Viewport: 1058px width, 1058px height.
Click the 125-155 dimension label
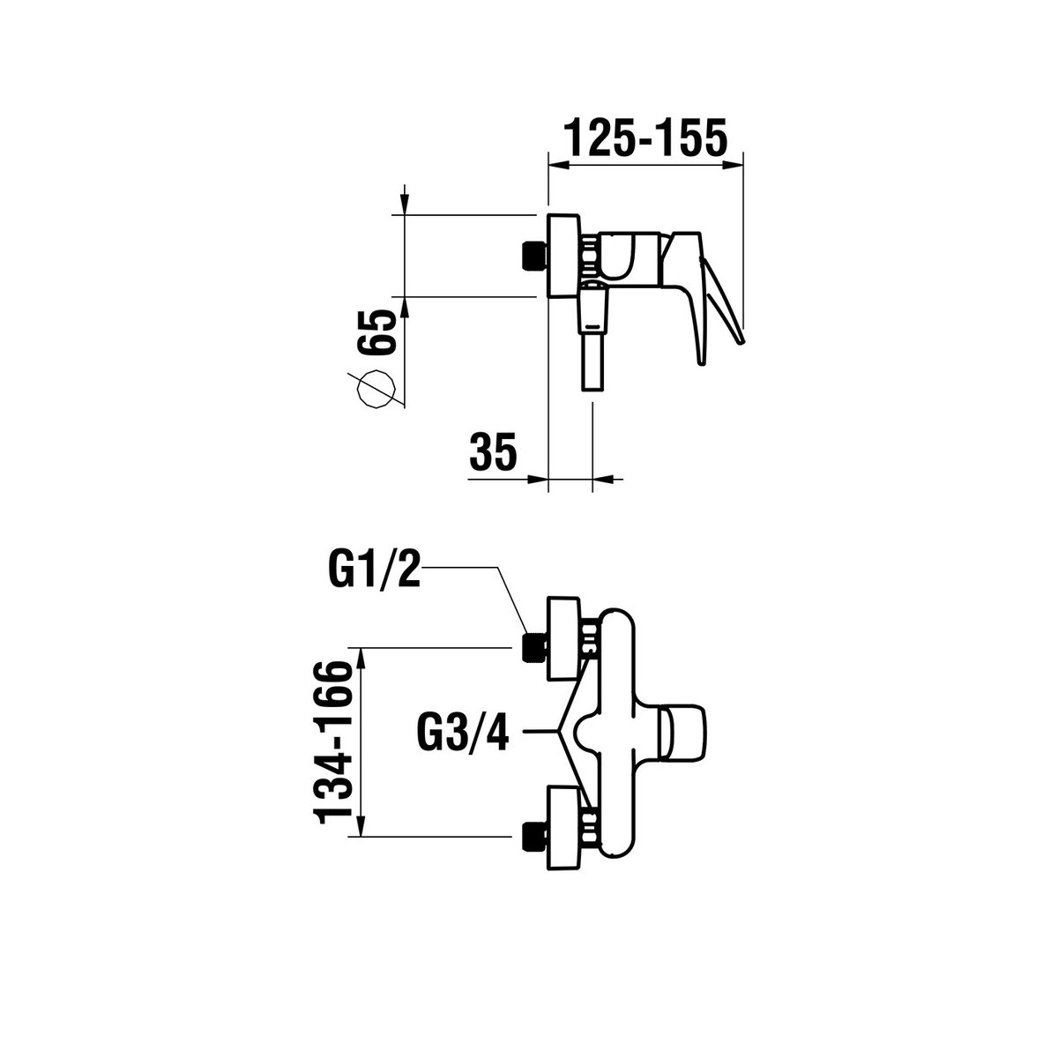click(645, 138)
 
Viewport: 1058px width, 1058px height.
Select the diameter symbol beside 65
click(376, 388)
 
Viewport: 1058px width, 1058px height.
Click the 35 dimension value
click(493, 451)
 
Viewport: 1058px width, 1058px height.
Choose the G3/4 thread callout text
click(463, 731)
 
